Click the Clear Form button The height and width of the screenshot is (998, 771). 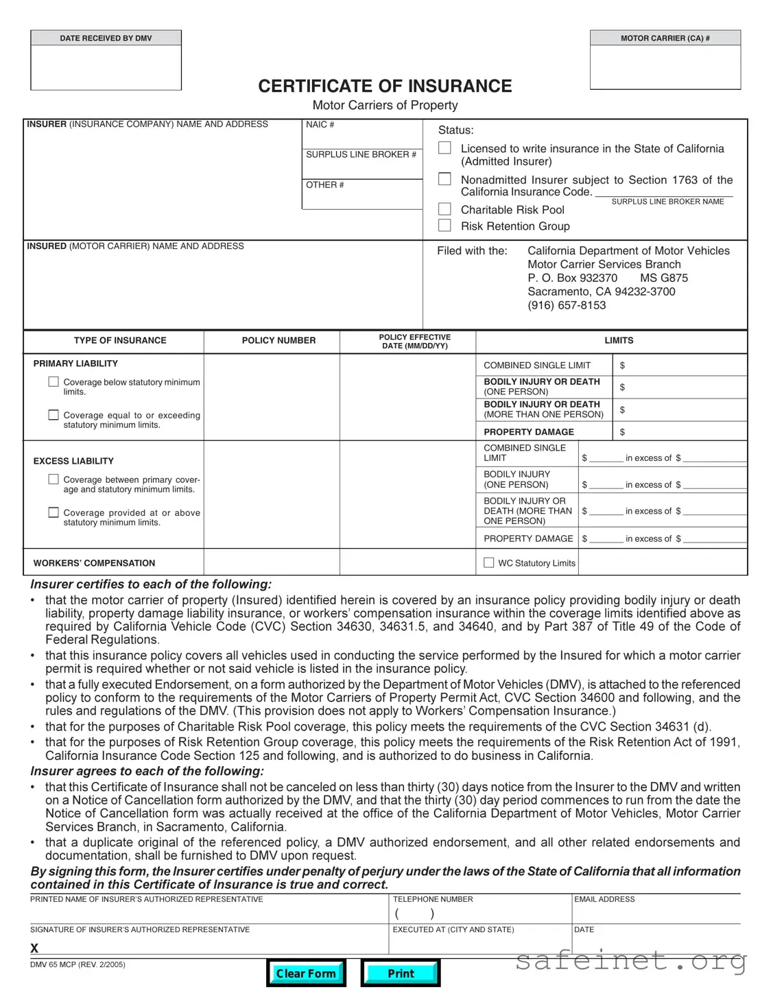(306, 973)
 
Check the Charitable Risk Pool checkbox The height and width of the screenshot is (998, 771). (444, 209)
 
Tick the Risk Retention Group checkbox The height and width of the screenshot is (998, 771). (444, 226)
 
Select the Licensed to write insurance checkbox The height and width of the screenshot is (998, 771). (444, 148)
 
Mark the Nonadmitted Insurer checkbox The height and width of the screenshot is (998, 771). (444, 179)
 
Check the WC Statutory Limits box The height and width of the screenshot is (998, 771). (489, 562)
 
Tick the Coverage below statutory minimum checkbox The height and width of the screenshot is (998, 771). (54, 382)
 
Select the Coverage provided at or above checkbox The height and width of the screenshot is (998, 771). (54, 512)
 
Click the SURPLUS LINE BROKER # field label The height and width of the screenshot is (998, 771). (361, 154)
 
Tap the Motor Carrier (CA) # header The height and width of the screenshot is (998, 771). (665, 38)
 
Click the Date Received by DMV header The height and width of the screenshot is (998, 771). (106, 38)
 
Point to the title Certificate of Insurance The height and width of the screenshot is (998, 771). (385, 86)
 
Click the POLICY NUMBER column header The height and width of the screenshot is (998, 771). (278, 340)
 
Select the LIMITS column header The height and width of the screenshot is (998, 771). (619, 340)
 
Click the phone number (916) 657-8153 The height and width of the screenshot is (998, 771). (567, 305)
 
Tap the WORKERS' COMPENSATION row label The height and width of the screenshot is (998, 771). (94, 563)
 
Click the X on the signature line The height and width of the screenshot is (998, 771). (34, 948)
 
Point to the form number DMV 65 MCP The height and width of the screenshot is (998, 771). (78, 964)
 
